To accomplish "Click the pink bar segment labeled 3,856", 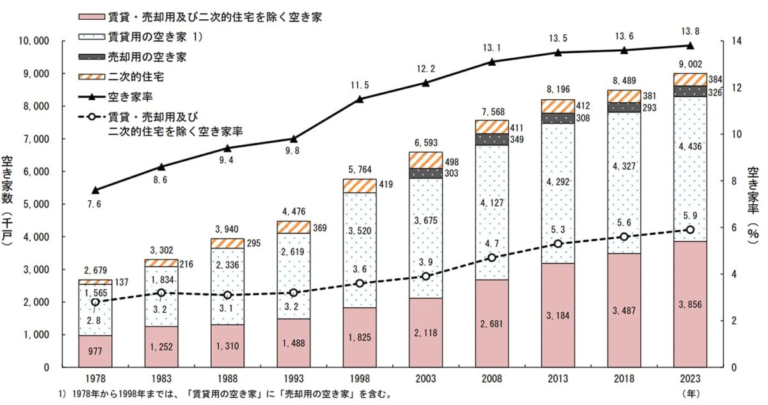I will pyautogui.click(x=690, y=304).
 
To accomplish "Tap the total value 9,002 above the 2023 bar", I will pyautogui.click(x=690, y=64).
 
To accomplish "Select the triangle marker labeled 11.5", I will pyautogui.click(x=360, y=99).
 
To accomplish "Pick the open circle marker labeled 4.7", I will pyautogui.click(x=492, y=257).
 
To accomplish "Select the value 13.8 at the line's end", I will pyautogui.click(x=690, y=30).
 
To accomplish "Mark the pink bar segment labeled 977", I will pyautogui.click(x=95, y=351).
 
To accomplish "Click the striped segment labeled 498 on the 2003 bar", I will pyautogui.click(x=426, y=160).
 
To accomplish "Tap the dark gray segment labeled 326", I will pyautogui.click(x=690, y=91).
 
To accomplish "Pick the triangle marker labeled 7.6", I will pyautogui.click(x=95, y=190).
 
